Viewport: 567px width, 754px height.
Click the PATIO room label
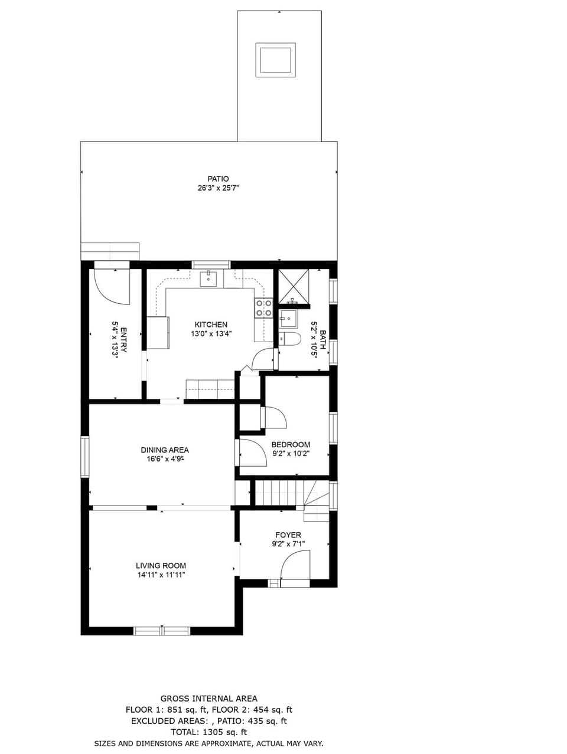[218, 179]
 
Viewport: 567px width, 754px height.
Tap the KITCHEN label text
[211, 324]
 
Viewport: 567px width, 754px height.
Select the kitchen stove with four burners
[263, 308]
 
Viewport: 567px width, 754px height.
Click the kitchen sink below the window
[208, 278]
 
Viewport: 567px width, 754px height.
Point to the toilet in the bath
[290, 339]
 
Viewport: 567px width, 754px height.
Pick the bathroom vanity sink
[288, 319]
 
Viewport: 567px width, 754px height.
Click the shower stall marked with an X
[294, 286]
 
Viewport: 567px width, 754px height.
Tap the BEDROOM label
[291, 444]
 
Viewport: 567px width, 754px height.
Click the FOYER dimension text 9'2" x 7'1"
[288, 544]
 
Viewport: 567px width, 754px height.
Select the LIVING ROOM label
[161, 565]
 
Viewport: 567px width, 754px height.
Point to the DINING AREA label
[165, 450]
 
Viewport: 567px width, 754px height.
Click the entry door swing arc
[112, 286]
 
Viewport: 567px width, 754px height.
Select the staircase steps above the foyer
[279, 493]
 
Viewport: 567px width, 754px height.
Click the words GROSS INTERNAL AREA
[208, 699]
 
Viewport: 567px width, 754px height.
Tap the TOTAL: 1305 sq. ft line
[208, 732]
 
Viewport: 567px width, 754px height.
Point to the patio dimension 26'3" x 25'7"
[218, 188]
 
